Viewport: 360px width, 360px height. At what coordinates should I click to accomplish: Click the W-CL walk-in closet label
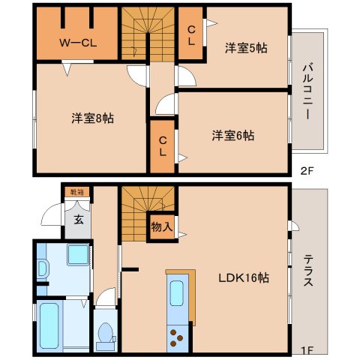(78, 43)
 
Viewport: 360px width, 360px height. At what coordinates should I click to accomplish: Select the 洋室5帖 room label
(247, 47)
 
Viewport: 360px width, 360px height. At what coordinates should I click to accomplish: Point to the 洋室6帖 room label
(232, 136)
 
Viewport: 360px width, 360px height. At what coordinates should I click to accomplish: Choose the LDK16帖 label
(245, 277)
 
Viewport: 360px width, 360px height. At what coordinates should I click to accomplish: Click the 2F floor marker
(307, 170)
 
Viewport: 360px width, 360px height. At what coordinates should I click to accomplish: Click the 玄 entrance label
(78, 220)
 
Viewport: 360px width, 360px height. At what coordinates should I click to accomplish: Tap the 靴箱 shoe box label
(78, 192)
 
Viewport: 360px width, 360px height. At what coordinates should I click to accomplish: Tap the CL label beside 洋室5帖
(192, 34)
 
